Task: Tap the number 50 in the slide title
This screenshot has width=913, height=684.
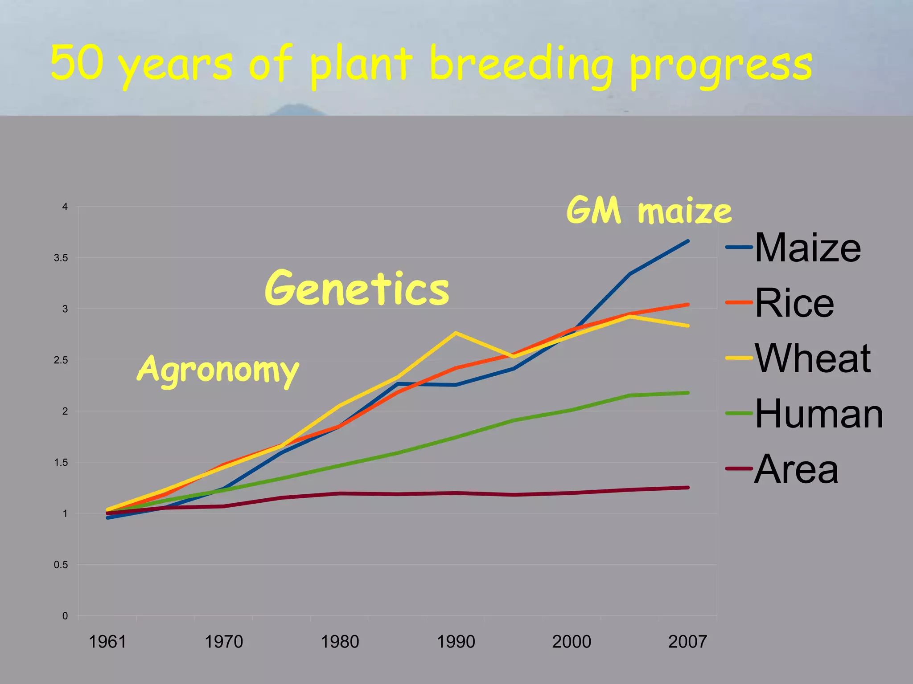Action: [x=77, y=62]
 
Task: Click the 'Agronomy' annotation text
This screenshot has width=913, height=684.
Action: [x=218, y=370]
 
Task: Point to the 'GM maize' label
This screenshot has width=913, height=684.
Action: [x=649, y=211]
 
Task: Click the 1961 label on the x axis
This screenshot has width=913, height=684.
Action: [x=107, y=642]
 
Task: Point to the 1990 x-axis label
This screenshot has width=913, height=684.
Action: [x=456, y=642]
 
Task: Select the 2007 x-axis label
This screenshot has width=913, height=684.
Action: [x=687, y=642]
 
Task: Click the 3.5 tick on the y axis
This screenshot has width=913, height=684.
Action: [x=61, y=258]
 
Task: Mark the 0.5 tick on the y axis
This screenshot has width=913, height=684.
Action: [x=61, y=565]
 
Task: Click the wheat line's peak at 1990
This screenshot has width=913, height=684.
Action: [x=455, y=333]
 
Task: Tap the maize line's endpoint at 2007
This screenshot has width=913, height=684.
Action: [x=687, y=241]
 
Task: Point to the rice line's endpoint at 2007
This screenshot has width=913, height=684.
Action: [x=687, y=305]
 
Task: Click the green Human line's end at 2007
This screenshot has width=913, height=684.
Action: [x=687, y=393]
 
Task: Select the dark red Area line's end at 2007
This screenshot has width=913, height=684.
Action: [x=687, y=488]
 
